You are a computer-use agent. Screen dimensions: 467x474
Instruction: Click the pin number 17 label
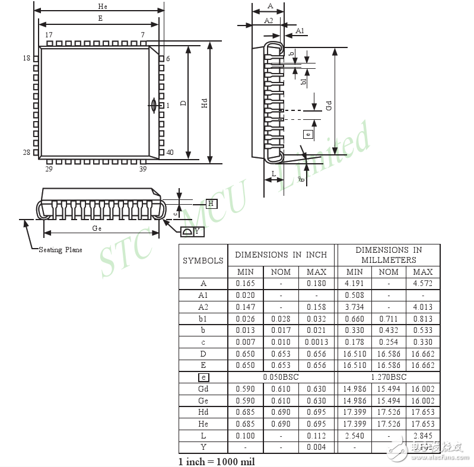coord(49,36)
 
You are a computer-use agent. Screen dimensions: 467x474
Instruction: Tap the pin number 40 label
coord(170,153)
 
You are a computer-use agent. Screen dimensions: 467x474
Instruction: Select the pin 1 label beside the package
coord(168,106)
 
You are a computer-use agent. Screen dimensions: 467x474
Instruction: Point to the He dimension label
coord(102,5)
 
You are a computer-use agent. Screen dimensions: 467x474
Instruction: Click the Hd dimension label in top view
coord(205,103)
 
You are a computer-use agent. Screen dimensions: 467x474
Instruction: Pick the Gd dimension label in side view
coord(328,105)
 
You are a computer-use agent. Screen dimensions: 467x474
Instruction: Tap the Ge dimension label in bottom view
coord(97,228)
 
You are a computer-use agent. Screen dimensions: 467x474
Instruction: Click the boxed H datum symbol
coord(212,204)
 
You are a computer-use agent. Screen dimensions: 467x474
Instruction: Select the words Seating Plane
coord(61,250)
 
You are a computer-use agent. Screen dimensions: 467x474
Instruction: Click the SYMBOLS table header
coord(203,260)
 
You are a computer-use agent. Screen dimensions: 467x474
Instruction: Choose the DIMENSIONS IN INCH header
coord(281,255)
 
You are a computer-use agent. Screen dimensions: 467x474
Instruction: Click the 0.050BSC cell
coord(281,377)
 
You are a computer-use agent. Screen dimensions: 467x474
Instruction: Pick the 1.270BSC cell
coord(389,377)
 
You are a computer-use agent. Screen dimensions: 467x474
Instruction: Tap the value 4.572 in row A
coord(422,284)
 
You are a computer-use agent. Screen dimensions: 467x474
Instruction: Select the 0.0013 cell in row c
coord(316,342)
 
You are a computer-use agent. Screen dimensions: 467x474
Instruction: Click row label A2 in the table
coord(203,307)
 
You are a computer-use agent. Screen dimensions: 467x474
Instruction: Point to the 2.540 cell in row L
coord(354,436)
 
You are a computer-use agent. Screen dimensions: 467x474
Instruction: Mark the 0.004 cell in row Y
coord(316,447)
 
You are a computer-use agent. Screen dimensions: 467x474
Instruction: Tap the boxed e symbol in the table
coord(203,377)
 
